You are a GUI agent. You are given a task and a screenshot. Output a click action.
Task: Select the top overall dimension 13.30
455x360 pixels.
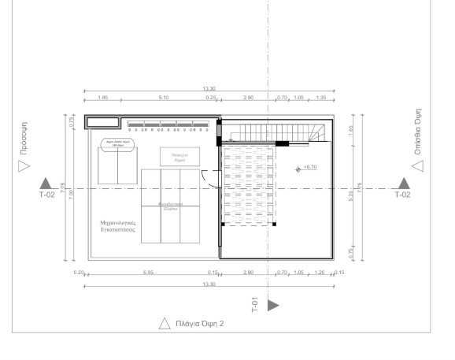click(209, 89)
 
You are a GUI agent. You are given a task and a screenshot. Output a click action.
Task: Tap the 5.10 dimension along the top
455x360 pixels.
click(163, 97)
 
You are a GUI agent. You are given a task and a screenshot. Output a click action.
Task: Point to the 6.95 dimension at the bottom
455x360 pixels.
click(147, 272)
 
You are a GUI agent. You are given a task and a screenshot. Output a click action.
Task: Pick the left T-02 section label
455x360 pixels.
click(47, 194)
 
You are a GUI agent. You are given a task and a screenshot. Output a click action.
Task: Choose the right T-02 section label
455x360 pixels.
click(402, 194)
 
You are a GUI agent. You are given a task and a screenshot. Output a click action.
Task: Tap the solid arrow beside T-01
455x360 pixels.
click(273, 305)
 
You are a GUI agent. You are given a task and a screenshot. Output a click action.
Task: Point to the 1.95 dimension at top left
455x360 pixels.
click(102, 97)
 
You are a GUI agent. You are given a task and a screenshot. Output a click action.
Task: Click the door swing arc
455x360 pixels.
click(205, 178)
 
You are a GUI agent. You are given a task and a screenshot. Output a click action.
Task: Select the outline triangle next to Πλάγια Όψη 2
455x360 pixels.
click(165, 323)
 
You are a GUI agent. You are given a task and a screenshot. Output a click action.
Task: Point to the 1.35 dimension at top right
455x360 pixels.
click(321, 97)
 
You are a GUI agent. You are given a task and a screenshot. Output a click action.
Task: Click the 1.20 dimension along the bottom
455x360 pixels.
click(319, 272)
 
